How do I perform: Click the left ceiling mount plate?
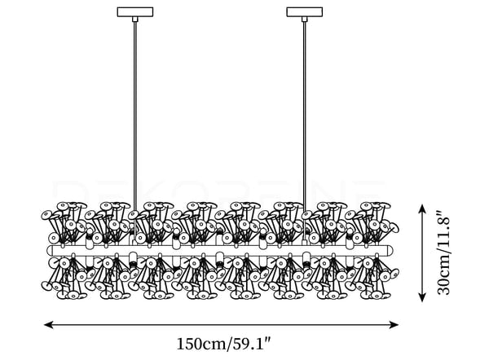click(x=135, y=12)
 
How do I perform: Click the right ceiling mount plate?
click(x=304, y=12)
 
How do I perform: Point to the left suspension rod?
click(x=135, y=116)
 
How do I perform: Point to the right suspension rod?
click(x=304, y=116)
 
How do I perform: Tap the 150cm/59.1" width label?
click(x=223, y=344)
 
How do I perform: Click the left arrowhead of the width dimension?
click(x=48, y=325)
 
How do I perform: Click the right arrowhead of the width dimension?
click(x=394, y=325)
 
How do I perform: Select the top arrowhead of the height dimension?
click(x=422, y=209)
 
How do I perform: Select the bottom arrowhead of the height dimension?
click(x=422, y=297)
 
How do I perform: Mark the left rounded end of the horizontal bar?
click(x=50, y=251)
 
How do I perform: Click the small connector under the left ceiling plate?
click(x=135, y=19)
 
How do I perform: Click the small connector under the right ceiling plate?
click(x=304, y=19)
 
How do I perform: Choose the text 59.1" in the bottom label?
click(x=249, y=344)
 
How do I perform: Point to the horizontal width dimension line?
click(x=221, y=325)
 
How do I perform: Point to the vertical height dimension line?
click(x=422, y=253)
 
